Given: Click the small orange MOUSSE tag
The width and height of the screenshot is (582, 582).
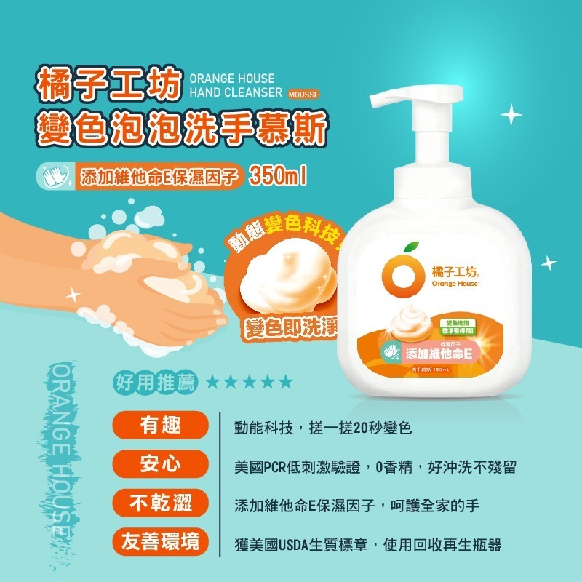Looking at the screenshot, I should coord(303,94).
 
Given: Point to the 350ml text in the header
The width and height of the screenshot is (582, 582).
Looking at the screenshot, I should coord(280,175).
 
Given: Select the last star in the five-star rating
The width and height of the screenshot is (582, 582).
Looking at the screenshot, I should coord(286,382).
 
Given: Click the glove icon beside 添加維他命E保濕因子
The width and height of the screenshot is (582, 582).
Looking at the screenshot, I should coord(55,177).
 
